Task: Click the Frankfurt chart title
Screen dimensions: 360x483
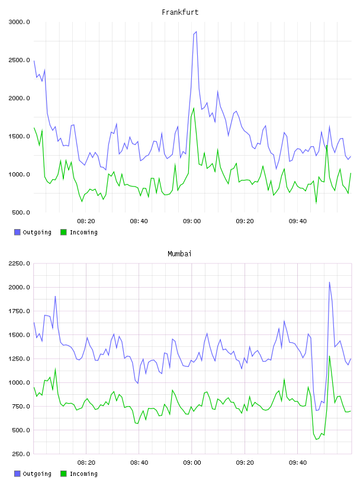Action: (180, 12)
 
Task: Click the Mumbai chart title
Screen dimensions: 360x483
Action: (179, 254)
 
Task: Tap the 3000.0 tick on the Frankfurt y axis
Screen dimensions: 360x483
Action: (19, 22)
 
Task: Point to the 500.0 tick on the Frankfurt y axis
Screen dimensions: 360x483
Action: (21, 212)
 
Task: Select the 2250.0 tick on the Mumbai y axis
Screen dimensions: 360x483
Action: (19, 263)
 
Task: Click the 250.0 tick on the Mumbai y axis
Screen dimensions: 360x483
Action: (21, 454)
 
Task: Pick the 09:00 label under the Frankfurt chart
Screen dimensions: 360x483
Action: (192, 221)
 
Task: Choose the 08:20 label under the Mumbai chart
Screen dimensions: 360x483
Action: (86, 463)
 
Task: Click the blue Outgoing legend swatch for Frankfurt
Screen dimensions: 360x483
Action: (17, 232)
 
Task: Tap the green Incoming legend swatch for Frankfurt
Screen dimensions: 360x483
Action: (63, 232)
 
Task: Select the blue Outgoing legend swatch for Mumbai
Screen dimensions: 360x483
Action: (17, 474)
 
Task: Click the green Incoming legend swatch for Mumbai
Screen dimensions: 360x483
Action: (63, 474)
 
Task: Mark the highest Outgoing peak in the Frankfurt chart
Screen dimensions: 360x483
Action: (196, 32)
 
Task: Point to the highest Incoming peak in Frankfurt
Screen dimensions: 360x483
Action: (194, 108)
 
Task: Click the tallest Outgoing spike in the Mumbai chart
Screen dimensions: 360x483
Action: (329, 282)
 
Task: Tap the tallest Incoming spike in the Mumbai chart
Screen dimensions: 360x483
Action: (329, 356)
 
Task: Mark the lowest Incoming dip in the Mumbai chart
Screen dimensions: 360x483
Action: (316, 439)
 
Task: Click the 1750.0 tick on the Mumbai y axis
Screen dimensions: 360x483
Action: (19, 311)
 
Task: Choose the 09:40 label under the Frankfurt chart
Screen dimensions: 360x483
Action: (298, 221)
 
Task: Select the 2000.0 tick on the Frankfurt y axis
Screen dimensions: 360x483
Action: (19, 98)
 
